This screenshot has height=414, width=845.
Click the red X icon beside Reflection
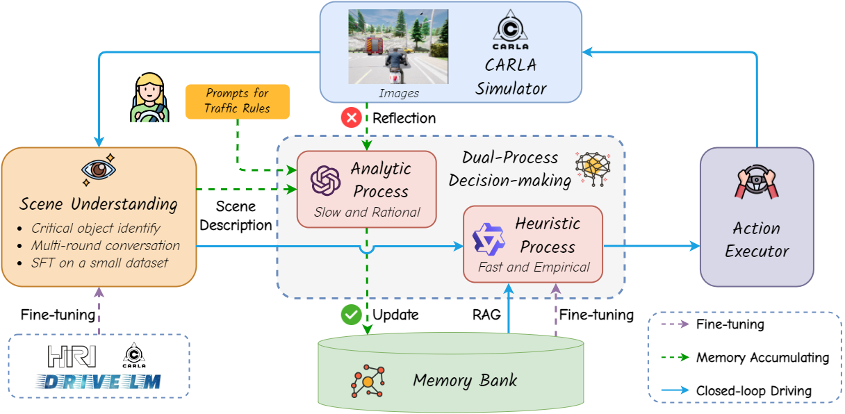coord(351,117)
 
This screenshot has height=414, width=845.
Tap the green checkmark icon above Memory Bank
coord(351,315)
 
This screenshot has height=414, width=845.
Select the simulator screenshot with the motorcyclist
coord(398,47)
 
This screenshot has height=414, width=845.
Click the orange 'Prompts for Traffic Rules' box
coord(237,101)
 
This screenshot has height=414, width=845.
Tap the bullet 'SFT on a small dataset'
coord(95,263)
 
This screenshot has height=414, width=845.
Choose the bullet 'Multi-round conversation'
coord(105,245)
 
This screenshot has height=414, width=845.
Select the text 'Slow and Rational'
coord(367,213)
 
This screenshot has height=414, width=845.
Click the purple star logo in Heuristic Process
coord(489,238)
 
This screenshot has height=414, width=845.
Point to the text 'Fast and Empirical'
coord(534,267)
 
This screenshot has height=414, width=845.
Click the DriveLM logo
coord(99,380)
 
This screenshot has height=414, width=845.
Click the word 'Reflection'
coord(404,118)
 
